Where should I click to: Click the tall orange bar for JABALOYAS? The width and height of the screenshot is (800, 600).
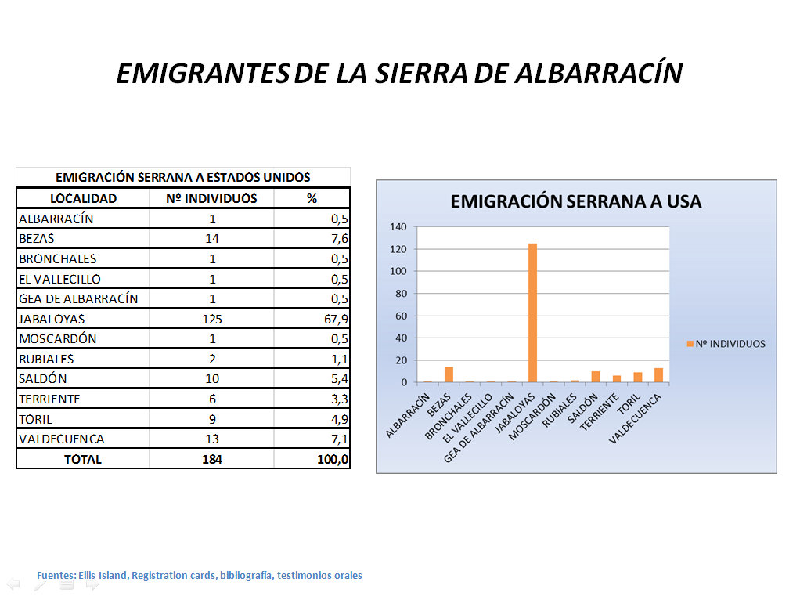pyautogui.click(x=532, y=313)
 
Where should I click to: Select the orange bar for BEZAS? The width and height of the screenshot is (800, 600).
pyautogui.click(x=449, y=374)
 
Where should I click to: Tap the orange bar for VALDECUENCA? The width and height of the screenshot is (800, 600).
pyautogui.click(x=658, y=375)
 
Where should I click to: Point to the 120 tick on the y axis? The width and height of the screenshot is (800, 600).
pyautogui.click(x=398, y=249)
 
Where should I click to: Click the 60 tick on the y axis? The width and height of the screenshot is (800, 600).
pyautogui.click(x=401, y=316)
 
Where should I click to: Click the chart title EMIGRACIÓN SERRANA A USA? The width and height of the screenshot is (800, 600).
pyautogui.click(x=575, y=201)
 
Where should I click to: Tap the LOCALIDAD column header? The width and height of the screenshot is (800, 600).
pyautogui.click(x=83, y=198)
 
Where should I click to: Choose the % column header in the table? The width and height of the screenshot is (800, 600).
pyautogui.click(x=312, y=198)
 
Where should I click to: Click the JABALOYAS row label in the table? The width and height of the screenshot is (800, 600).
pyautogui.click(x=52, y=319)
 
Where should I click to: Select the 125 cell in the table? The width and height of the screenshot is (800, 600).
pyautogui.click(x=211, y=319)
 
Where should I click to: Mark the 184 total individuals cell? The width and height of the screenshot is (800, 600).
pyautogui.click(x=211, y=459)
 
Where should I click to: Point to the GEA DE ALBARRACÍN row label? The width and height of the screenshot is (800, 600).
pyautogui.click(x=78, y=298)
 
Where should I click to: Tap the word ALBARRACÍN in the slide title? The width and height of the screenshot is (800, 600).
pyautogui.click(x=600, y=73)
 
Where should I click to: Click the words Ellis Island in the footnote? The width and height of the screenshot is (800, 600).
pyautogui.click(x=103, y=576)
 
